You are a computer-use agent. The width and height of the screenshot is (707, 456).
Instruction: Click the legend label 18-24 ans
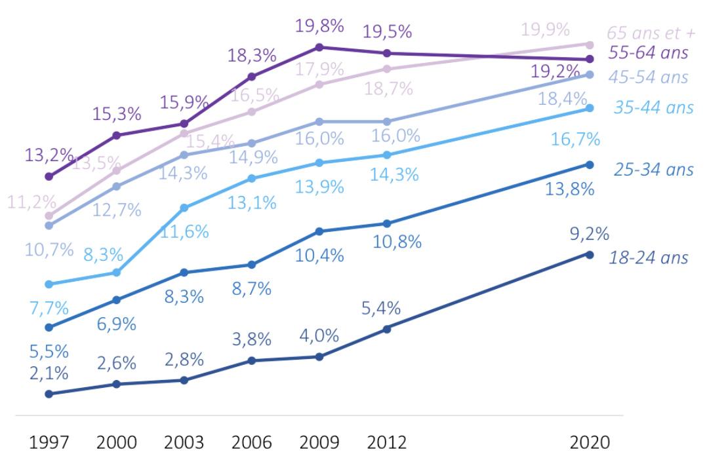click(649, 257)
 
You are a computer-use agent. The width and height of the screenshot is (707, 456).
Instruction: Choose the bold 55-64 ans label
click(649, 52)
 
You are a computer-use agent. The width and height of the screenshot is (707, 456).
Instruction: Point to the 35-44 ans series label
click(654, 107)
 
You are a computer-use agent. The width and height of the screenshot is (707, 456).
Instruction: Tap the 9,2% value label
click(589, 234)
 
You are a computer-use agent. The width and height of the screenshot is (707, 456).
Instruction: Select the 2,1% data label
click(49, 373)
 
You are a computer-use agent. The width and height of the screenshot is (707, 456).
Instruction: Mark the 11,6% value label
click(186, 231)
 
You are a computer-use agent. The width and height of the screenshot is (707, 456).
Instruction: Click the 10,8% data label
click(397, 241)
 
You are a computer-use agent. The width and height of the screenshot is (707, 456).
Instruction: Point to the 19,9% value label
click(546, 29)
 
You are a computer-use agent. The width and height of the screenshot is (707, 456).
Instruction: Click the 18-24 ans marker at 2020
click(589, 254)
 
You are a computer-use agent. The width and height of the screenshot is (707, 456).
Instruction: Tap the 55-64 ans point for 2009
click(319, 47)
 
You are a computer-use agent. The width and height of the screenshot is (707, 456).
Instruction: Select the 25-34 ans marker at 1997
click(49, 327)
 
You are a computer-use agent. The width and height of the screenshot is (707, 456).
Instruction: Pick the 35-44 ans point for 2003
click(184, 208)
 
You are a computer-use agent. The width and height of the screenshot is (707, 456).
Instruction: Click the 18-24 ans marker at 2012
click(387, 328)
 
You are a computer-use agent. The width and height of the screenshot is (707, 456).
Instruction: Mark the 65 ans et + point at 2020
click(589, 45)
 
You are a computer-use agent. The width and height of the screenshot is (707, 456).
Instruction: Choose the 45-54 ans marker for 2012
click(387, 121)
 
